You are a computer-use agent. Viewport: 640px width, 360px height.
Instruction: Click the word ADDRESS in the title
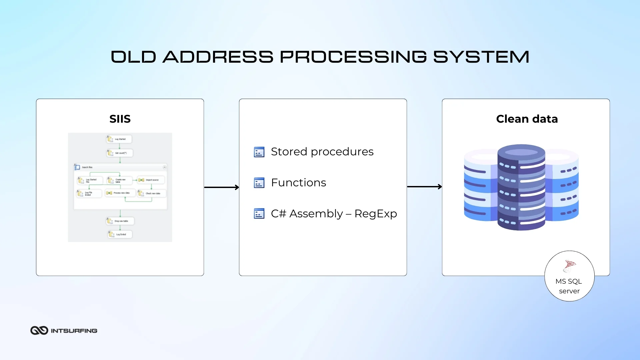tap(218, 57)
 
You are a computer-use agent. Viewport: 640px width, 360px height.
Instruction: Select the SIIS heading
tap(120, 119)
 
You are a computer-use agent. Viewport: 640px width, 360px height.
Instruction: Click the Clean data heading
tap(527, 119)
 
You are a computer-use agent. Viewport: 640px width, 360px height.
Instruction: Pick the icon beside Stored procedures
tap(259, 152)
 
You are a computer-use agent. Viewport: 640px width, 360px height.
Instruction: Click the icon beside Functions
tap(259, 183)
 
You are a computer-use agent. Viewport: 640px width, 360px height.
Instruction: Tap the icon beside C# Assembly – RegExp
tap(259, 214)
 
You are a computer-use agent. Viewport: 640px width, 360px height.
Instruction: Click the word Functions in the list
tap(298, 183)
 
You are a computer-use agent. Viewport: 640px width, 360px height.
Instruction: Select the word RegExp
tap(376, 214)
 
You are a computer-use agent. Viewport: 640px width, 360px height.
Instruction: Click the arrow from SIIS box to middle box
tap(221, 187)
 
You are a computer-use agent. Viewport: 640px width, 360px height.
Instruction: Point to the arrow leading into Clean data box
tap(424, 187)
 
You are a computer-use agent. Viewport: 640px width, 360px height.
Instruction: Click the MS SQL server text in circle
tap(569, 286)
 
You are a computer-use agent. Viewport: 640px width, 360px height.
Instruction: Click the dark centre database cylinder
tap(521, 187)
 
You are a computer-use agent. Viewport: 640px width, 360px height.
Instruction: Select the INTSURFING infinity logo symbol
tap(39, 330)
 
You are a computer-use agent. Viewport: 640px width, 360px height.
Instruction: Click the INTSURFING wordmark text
tap(74, 331)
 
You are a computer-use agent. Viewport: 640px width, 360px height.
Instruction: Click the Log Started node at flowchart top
tap(119, 139)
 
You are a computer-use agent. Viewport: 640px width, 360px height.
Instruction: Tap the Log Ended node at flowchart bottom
tap(120, 234)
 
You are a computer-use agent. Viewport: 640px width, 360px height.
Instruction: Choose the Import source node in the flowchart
tap(151, 180)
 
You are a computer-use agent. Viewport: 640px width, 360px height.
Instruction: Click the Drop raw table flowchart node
tap(120, 221)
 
